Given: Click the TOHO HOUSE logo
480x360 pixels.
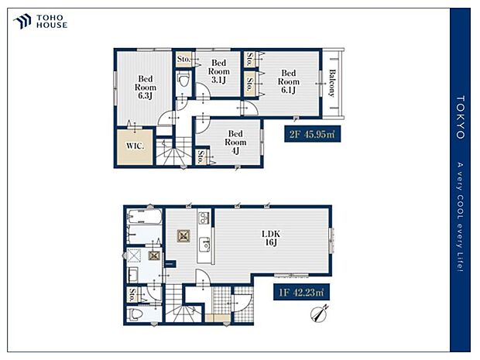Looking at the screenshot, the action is coord(40,22).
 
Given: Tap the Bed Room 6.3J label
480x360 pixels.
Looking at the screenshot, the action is coord(146,87).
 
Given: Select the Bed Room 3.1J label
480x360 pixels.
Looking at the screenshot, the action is coord(218,71).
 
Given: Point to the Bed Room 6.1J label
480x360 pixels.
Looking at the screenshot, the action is coord(288,81).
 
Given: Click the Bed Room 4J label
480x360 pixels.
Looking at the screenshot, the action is coord(235,142).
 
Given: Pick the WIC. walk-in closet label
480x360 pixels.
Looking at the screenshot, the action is coord(135,146).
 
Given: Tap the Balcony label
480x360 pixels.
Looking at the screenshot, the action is coord(332,84).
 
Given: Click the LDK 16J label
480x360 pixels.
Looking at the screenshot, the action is coord(271,238).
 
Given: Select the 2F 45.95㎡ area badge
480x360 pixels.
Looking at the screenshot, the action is coord(312,134).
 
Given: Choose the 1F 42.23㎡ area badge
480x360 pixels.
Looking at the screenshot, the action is coord(301,292).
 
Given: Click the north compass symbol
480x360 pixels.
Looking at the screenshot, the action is coord(320,314).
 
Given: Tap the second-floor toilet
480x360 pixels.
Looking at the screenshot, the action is coord(183,81).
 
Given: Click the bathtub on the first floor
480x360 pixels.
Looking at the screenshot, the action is coord(144,217).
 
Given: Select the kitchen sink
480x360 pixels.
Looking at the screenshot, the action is coord(204,245).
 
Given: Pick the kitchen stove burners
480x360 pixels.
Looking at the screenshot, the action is coord(204,218).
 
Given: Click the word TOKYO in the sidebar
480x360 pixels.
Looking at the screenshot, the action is coord(461,117).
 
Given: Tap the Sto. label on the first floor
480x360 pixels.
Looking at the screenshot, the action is coord(132,295).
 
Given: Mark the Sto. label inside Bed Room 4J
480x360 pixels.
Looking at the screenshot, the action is coord(201,156).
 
